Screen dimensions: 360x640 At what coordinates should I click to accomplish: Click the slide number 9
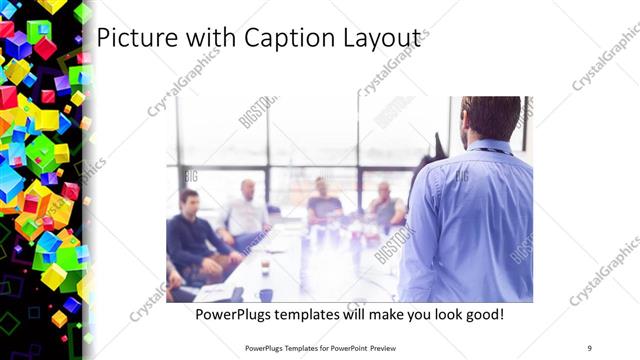(x=590, y=347)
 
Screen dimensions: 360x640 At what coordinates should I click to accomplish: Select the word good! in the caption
(x=481, y=314)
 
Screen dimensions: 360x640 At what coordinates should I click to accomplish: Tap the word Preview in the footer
(x=396, y=347)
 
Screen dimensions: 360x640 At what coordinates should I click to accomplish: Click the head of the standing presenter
(x=491, y=118)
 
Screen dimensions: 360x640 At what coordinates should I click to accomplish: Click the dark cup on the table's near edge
(x=265, y=295)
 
